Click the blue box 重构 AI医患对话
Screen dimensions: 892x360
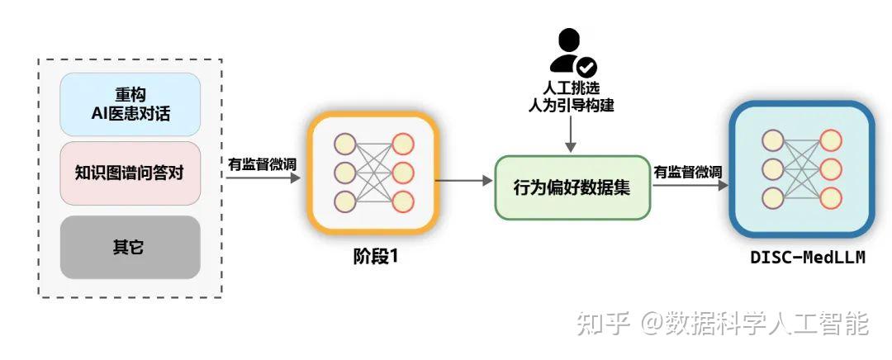pyautogui.click(x=130, y=105)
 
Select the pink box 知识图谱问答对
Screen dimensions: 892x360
pyautogui.click(x=130, y=173)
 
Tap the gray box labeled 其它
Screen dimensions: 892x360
pyautogui.click(x=130, y=247)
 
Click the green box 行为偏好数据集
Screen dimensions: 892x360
pyautogui.click(x=572, y=187)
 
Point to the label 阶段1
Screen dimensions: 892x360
pyautogui.click(x=371, y=257)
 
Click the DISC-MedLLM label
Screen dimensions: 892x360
pyautogui.click(x=807, y=257)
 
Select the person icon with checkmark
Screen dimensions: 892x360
pyautogui.click(x=572, y=52)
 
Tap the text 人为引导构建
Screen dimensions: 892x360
pyautogui.click(x=572, y=106)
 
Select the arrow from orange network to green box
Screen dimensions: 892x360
pyautogui.click(x=463, y=179)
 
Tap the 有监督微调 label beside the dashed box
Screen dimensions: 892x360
pyautogui.click(x=262, y=163)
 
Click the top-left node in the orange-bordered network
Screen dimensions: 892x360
pyautogui.click(x=344, y=144)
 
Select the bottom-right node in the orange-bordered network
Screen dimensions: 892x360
pyautogui.click(x=402, y=201)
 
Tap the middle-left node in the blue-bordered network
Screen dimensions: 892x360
pyautogui.click(x=772, y=169)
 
